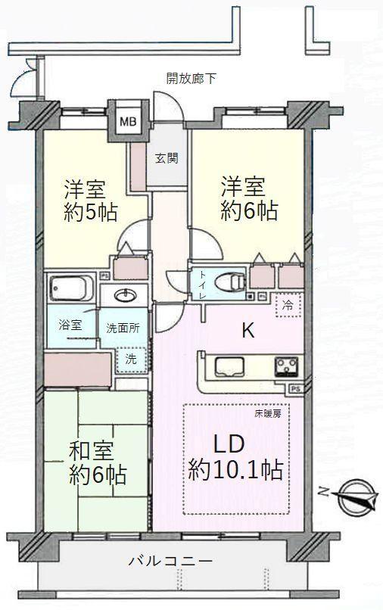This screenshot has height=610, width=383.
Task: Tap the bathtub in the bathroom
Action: (x=70, y=288)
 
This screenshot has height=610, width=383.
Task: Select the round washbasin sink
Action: (x=124, y=295)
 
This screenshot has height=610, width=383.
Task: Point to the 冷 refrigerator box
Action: (x=288, y=306)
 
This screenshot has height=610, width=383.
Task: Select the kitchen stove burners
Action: (x=287, y=368)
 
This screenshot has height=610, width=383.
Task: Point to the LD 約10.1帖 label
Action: (x=235, y=457)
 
